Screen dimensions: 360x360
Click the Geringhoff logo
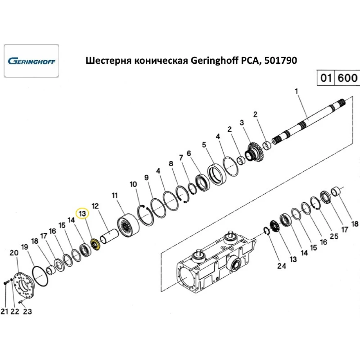(x=31, y=60)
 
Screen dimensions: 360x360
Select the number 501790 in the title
(x=281, y=60)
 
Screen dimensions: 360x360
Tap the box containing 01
(x=325, y=78)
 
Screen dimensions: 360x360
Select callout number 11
(x=114, y=196)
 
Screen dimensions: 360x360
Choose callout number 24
(x=281, y=266)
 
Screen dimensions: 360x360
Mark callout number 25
(x=334, y=236)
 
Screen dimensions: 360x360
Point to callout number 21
(x=4, y=312)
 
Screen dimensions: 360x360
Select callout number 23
(x=27, y=312)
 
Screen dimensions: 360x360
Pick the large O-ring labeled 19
(x=40, y=277)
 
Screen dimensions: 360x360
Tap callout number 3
(x=242, y=123)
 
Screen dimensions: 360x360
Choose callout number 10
(x=133, y=184)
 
